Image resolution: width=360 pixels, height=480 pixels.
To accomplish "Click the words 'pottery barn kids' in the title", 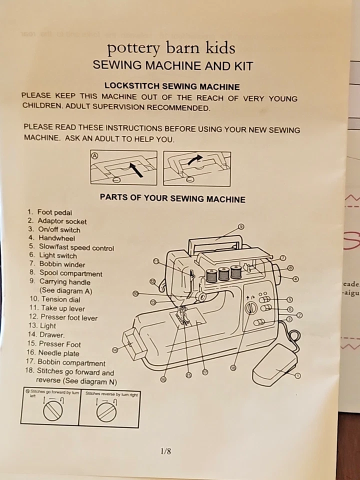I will click(171, 48).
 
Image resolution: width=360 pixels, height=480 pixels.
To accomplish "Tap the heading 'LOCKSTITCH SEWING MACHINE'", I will click(171, 86).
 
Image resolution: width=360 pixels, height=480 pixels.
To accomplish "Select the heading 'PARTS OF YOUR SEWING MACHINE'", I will click(172, 198).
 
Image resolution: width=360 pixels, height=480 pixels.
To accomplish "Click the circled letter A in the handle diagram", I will click(94, 155).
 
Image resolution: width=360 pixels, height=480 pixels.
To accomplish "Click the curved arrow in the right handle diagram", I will click(196, 158).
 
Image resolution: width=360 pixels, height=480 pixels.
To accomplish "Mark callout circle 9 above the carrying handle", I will click(241, 227).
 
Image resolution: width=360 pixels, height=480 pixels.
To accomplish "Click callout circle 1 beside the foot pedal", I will click(297, 375).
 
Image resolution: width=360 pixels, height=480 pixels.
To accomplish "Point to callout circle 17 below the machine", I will click(205, 372).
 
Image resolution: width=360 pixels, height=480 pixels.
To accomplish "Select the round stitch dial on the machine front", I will click(250, 308).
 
